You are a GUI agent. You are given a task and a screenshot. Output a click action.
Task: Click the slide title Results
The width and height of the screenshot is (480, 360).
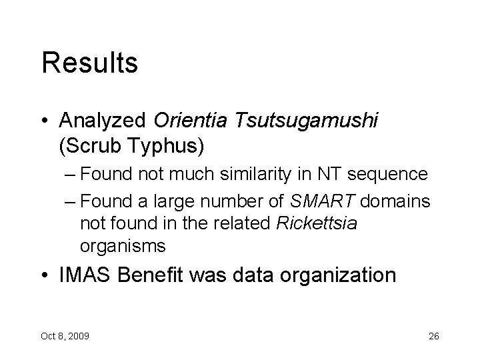pyautogui.click(x=89, y=63)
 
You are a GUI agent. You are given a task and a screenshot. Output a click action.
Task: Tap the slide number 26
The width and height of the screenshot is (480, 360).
pyautogui.click(x=433, y=334)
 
